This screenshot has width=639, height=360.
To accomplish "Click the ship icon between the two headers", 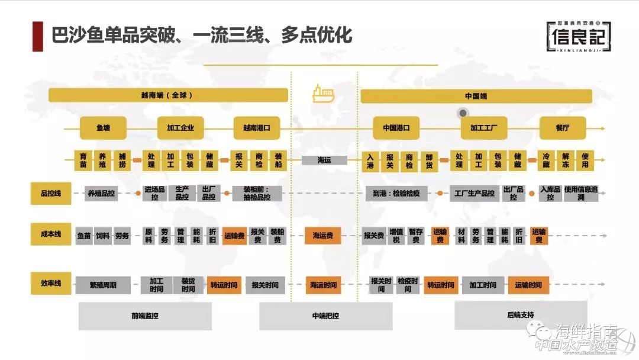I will (324, 93).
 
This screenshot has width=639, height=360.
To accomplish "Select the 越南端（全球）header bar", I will (168, 95).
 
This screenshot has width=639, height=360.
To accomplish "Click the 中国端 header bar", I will (476, 95).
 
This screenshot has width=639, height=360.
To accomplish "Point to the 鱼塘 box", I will (104, 127).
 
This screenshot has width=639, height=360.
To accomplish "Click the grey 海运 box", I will (324, 160).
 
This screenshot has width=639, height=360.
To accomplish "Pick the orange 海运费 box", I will (323, 236).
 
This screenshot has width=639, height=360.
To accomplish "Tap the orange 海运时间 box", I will (324, 285).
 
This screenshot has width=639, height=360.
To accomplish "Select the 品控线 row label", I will (51, 193).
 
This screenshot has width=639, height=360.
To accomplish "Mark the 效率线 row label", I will (51, 284).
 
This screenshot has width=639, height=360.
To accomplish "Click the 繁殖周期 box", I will (104, 285).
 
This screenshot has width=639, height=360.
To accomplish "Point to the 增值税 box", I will (396, 236).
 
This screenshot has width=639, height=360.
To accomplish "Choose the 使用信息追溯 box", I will (580, 193).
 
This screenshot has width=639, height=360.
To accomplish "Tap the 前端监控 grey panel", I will (145, 316).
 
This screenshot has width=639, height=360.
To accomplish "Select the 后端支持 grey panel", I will (521, 315).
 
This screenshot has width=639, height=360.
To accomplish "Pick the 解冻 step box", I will (566, 160).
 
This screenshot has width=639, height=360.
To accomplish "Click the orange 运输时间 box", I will (528, 285).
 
